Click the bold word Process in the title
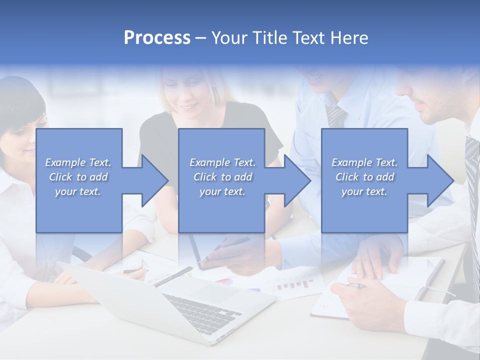[x=157, y=38]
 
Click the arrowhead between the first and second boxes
[x=152, y=180]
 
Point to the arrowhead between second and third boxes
[x=294, y=180]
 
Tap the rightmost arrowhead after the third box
[x=437, y=180]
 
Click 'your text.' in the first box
[x=78, y=191]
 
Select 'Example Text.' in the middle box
[x=222, y=162]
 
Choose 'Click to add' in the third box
[x=365, y=177]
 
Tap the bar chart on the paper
[x=295, y=285]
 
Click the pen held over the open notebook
[x=356, y=286]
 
